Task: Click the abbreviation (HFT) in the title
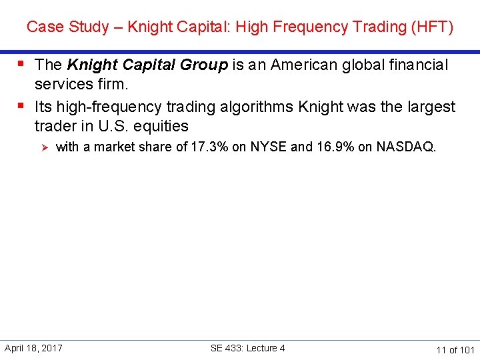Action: [x=433, y=27]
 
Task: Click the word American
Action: [x=287, y=65]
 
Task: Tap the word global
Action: [x=351, y=65]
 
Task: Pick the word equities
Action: [x=162, y=127]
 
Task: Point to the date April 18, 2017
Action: [x=33, y=348]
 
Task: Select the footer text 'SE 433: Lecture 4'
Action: [x=247, y=348]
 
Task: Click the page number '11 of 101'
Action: [x=455, y=349]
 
